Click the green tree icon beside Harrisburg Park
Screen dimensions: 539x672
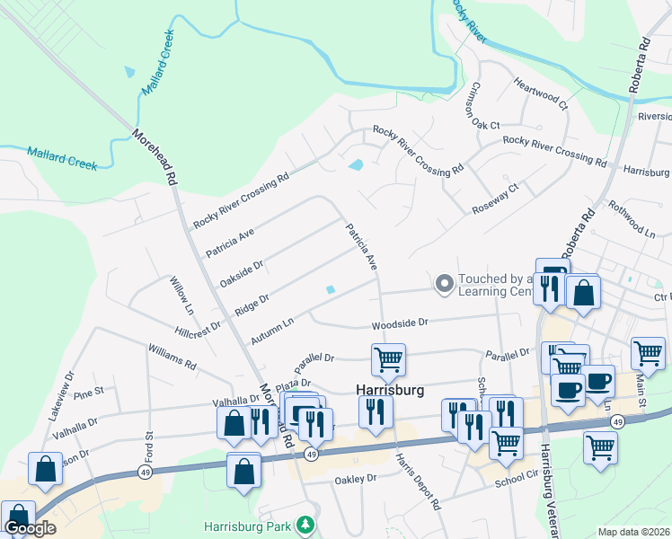tap(306, 524)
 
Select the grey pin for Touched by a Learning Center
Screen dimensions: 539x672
tap(443, 285)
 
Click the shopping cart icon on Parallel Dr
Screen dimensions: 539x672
tap(388, 359)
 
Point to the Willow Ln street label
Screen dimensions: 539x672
tap(182, 294)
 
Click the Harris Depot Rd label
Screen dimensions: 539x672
tap(418, 481)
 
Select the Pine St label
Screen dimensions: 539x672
tap(90, 392)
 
